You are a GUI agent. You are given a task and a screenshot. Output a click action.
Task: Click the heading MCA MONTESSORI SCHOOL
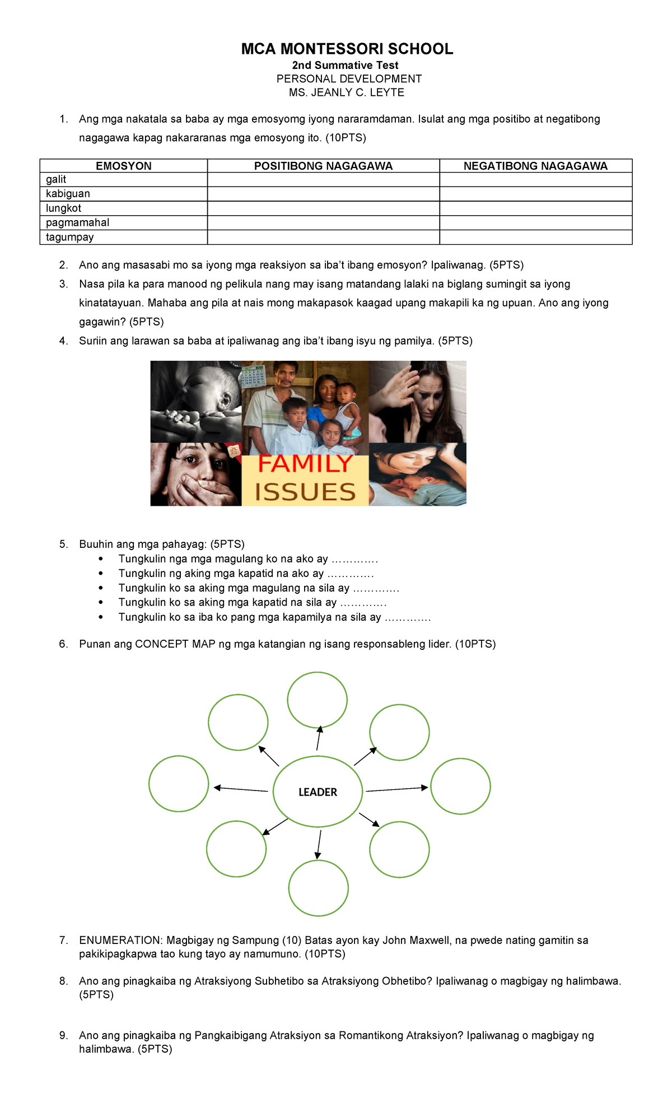[x=347, y=49]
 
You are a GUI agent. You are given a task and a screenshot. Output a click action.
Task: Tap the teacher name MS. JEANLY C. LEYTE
[x=346, y=92]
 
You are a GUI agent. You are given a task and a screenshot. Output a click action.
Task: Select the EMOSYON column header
[x=123, y=166]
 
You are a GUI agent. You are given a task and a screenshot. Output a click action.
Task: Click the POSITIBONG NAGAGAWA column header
[x=323, y=166]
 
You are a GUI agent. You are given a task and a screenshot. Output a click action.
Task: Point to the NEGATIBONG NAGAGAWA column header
[x=535, y=166]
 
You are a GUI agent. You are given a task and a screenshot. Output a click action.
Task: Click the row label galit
[x=56, y=179]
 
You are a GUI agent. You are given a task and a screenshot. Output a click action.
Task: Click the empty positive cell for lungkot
[x=323, y=208]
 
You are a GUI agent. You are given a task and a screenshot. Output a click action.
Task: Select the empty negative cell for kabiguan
[x=535, y=194]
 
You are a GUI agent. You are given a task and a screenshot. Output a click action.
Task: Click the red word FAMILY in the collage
[x=305, y=464]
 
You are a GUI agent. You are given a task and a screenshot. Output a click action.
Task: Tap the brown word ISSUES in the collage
[x=305, y=492]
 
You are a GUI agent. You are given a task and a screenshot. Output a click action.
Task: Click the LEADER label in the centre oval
[x=318, y=792]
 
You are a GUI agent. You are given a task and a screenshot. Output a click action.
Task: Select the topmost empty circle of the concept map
[x=317, y=700]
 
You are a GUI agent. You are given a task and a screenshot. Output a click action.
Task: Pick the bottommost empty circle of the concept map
[x=318, y=888]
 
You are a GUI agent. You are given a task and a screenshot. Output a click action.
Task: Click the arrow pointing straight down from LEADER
[x=319, y=844]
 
